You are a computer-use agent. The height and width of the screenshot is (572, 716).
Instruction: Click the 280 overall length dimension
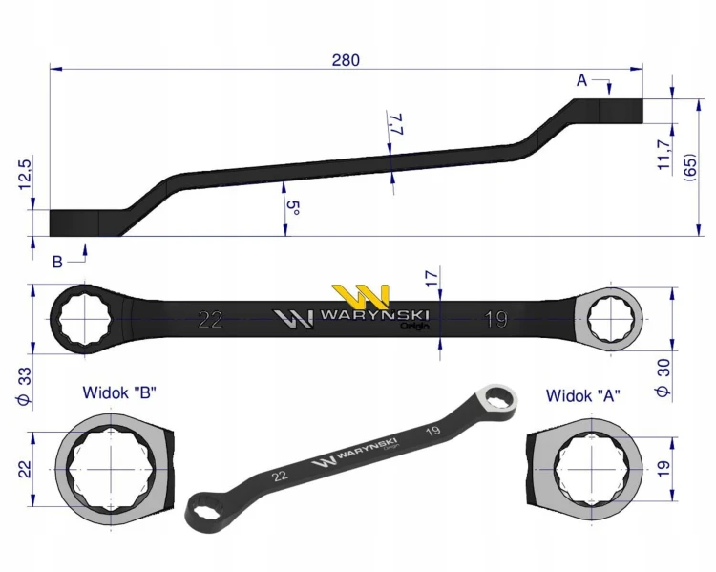(346, 60)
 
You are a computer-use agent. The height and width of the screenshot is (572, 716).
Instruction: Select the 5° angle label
(293, 208)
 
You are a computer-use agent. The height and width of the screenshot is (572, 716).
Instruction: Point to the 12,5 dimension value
(24, 175)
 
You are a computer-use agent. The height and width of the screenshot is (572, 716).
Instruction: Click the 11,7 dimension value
(663, 155)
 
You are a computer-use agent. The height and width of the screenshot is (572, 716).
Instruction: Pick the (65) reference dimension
(689, 167)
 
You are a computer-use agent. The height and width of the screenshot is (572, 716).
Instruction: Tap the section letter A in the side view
(581, 80)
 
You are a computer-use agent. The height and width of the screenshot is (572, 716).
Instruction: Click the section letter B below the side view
(57, 262)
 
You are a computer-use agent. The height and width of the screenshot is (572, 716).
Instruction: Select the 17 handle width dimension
(432, 278)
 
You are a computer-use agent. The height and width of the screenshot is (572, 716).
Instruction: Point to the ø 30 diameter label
(663, 377)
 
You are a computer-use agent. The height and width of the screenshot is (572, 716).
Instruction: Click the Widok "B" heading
(119, 392)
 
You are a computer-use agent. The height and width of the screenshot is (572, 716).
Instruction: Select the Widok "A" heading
(583, 395)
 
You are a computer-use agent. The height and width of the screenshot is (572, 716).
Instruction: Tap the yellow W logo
(361, 297)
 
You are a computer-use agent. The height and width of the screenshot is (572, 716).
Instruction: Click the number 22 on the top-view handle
(211, 320)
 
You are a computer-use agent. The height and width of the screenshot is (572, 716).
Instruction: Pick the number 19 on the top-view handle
(495, 320)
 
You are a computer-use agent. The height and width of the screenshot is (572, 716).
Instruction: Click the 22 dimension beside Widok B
(24, 469)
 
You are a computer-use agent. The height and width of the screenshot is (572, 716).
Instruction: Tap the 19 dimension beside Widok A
(663, 469)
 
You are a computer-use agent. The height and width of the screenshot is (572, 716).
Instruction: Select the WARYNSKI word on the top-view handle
(374, 315)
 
